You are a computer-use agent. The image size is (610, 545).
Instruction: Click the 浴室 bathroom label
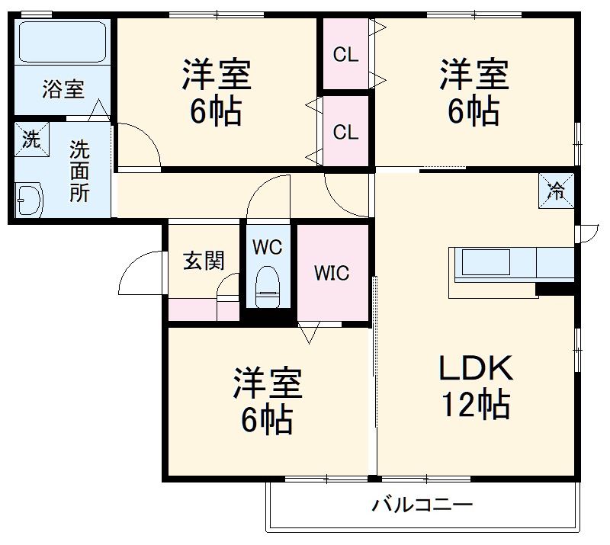[63, 89]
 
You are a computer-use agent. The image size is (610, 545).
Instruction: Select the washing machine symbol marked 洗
[30, 139]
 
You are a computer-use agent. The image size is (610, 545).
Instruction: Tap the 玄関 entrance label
[204, 261]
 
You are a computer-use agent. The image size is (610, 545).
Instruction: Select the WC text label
[268, 248]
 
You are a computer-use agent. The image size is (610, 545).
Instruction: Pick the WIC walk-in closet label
[332, 272]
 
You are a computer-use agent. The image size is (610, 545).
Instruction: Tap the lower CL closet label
[345, 131]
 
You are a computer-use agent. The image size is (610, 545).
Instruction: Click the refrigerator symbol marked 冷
[557, 190]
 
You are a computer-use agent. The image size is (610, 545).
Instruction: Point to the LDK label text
[474, 370]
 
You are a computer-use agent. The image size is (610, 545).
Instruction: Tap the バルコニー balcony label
[422, 505]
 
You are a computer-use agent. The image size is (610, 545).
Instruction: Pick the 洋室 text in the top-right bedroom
[474, 76]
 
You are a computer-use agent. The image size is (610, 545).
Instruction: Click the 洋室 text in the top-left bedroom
[216, 76]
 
